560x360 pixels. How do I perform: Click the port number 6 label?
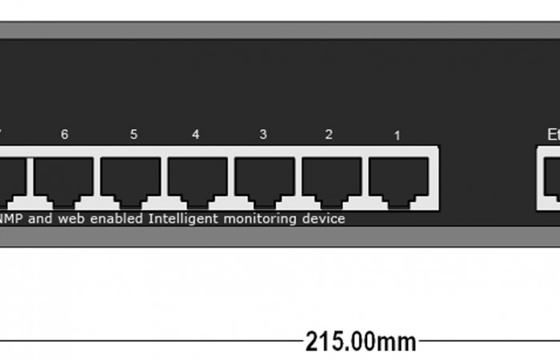(64, 134)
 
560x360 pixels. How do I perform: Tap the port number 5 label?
(133, 134)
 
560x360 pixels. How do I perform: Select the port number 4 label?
(195, 134)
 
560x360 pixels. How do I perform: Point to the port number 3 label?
(263, 134)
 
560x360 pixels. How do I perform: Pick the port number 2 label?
(329, 134)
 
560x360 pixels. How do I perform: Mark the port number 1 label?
(397, 135)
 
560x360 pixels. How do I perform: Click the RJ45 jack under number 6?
(63, 178)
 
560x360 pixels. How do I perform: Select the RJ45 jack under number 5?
(130, 178)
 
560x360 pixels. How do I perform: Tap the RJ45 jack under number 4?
(198, 178)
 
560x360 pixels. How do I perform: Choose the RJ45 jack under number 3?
(265, 178)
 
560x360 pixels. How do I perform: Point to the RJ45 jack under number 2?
(332, 178)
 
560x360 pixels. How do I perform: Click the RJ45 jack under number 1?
(398, 178)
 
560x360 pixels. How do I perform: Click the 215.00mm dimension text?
(361, 342)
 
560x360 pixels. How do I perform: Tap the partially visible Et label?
(553, 134)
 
